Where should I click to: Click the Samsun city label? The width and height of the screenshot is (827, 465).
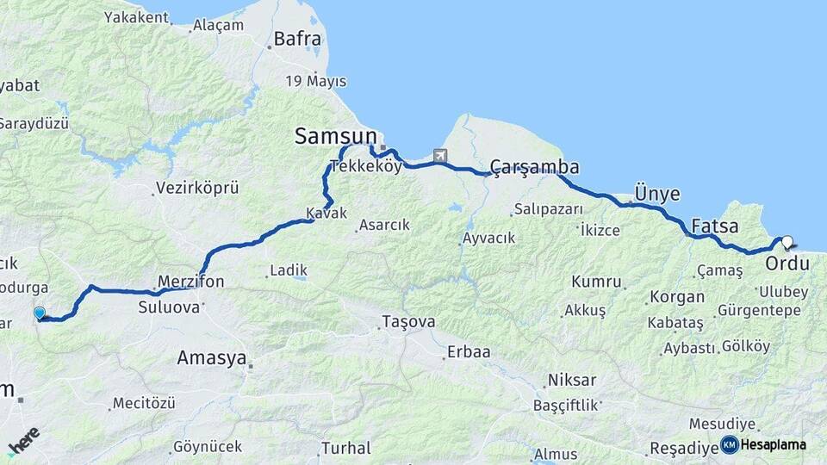[336, 135]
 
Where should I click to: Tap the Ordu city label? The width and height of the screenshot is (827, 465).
[787, 262]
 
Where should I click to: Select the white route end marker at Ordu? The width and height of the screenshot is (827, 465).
[787, 242]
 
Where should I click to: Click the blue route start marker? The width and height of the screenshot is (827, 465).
[39, 313]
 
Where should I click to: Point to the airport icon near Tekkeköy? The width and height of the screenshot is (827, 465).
[441, 156]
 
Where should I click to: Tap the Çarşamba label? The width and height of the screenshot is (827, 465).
[534, 166]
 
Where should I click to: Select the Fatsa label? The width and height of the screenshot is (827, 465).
[714, 227]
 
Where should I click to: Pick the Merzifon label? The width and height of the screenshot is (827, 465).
[191, 282]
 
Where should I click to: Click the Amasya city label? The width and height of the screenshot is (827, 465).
[211, 357]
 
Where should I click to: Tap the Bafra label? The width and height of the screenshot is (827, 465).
[297, 39]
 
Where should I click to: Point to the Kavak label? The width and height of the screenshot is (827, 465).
[326, 213]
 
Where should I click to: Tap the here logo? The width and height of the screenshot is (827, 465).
[23, 441]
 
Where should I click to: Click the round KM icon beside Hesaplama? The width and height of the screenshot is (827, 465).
[729, 444]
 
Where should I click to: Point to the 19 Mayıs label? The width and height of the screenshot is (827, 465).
[316, 82]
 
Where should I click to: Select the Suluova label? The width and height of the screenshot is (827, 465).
[167, 304]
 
